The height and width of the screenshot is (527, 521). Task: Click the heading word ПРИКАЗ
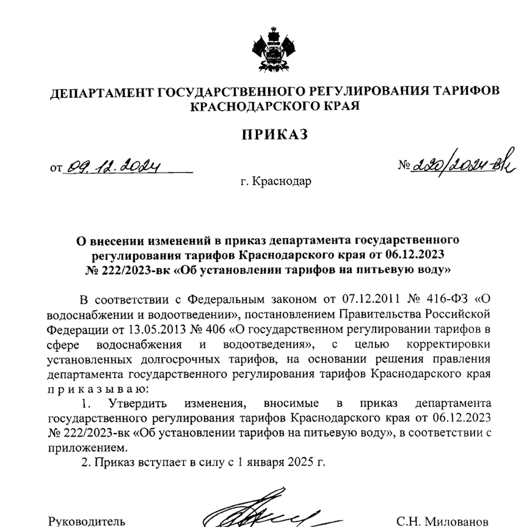pyautogui.click(x=275, y=134)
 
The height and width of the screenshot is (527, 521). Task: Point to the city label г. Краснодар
pyautogui.click(x=275, y=181)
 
